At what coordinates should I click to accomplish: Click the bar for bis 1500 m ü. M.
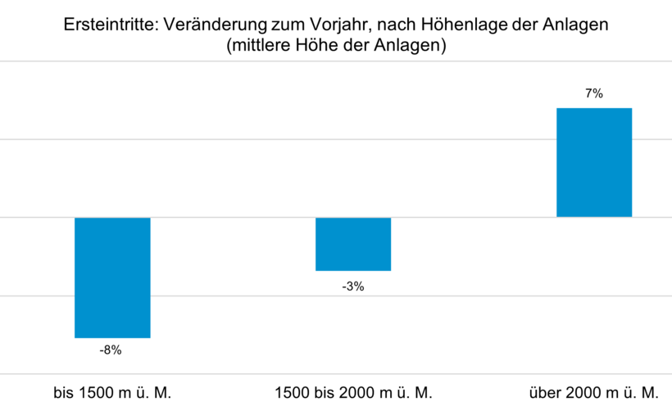click(112, 278)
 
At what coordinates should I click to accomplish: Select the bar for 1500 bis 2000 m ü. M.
click(353, 244)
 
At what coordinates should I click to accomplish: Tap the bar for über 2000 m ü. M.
click(594, 162)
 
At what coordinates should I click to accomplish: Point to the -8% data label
click(111, 350)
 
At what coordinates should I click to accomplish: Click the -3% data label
click(353, 287)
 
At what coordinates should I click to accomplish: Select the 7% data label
click(594, 94)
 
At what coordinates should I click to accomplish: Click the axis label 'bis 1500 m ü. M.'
click(112, 393)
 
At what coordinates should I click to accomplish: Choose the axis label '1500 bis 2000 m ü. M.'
click(353, 393)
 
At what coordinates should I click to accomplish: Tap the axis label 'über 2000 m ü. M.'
click(594, 393)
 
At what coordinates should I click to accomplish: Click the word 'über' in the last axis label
click(545, 393)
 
